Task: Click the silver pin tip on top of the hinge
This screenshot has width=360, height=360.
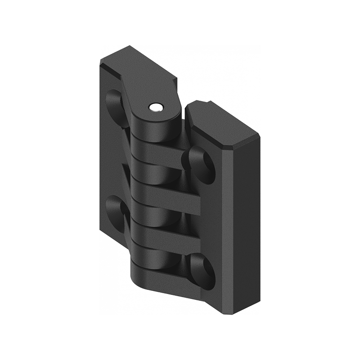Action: tap(155, 107)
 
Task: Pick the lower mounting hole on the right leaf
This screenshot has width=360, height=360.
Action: tap(199, 266)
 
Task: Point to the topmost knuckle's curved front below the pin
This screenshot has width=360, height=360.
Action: tap(153, 128)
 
